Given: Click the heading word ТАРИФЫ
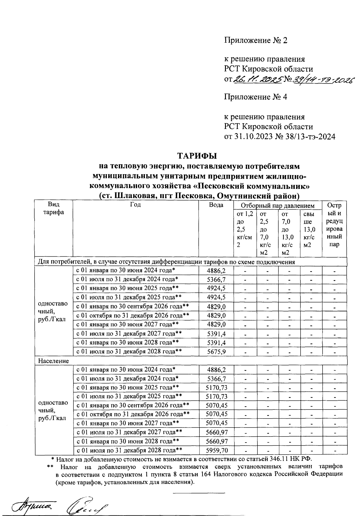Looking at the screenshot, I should [197, 156].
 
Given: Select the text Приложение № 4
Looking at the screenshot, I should [256, 97].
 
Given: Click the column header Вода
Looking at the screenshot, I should [216, 205].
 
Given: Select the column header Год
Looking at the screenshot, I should [136, 205].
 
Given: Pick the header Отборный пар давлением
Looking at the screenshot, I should [277, 206].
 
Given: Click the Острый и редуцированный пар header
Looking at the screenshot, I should [334, 225].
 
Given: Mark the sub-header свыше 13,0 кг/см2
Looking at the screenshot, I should [310, 229].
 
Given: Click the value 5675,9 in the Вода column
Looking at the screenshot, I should [216, 352].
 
